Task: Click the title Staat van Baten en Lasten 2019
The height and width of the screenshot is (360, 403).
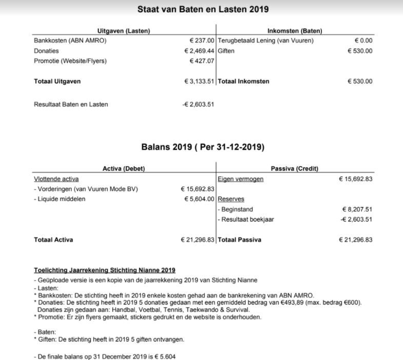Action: (203, 9)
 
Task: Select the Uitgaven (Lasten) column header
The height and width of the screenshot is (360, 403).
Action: (124, 31)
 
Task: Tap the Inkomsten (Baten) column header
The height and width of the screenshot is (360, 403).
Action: (295, 31)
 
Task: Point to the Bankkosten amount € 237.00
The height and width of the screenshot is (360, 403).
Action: (202, 41)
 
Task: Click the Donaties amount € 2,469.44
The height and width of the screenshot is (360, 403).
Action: (199, 51)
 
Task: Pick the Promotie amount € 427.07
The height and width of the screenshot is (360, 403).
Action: (202, 61)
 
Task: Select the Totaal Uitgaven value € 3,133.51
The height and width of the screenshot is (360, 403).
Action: (199, 81)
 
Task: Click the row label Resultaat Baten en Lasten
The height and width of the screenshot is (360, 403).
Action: (71, 104)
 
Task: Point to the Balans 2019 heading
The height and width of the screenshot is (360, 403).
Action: (203, 148)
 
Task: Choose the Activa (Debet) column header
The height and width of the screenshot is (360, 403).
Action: (124, 169)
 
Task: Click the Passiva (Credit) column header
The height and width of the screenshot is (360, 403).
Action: (295, 169)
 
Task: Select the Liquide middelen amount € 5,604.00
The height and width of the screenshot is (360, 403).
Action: (199, 199)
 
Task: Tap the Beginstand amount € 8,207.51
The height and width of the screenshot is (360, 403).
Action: (357, 209)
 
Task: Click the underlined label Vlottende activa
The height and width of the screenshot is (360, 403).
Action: (56, 179)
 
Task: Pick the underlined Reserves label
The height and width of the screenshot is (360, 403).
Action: (231, 199)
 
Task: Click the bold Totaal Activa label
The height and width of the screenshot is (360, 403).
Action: (53, 239)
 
